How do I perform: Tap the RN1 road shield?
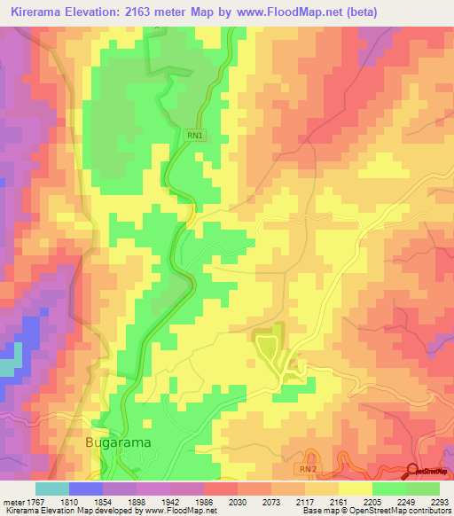click(x=195, y=136)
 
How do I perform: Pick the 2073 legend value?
click(x=273, y=501)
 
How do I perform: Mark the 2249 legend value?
click(x=405, y=501)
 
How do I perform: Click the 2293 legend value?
click(x=440, y=501)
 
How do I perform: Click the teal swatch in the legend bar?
click(x=51, y=489)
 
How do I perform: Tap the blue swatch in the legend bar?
click(x=85, y=489)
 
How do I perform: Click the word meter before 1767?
click(x=12, y=501)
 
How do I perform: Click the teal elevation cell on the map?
click(x=7, y=366)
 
